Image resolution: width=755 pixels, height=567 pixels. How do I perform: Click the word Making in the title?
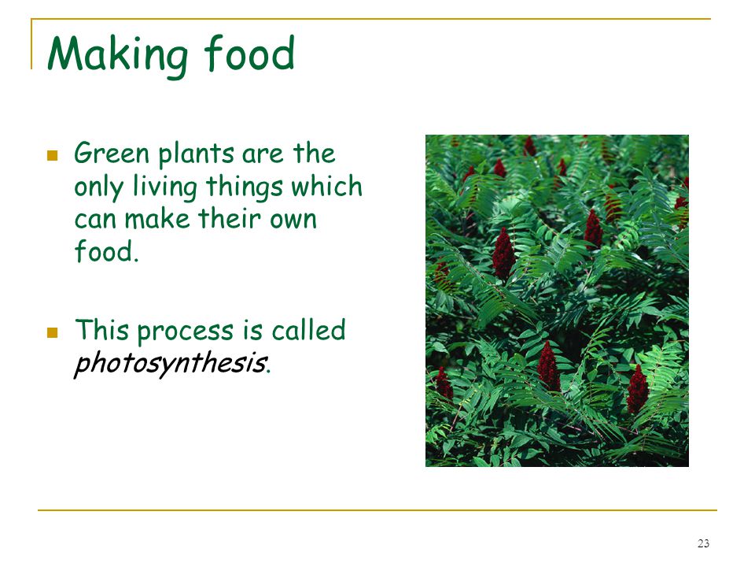118,55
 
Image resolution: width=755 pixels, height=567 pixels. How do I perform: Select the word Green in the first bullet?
112,153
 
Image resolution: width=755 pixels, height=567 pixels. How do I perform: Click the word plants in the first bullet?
197,154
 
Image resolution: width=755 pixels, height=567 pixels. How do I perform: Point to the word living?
165,187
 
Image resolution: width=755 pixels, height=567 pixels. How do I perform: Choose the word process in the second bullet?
186,332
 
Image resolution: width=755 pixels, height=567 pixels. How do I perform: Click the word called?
308,330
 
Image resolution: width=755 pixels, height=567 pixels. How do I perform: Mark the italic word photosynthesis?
171,364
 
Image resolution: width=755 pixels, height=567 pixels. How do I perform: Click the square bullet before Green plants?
53,155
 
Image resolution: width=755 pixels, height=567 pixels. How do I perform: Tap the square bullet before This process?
53,332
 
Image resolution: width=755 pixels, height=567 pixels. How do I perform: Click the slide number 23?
703,543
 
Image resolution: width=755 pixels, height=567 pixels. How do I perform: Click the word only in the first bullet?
99,187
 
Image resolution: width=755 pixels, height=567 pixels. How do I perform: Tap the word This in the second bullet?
102,330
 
